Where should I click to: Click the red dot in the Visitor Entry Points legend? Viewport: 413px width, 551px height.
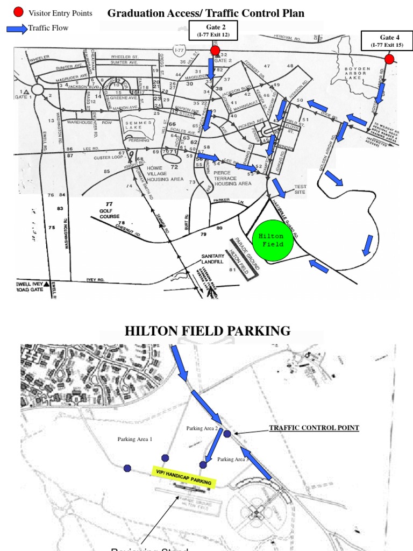[19, 12]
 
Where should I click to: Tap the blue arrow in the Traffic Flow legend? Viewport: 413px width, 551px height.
[17, 29]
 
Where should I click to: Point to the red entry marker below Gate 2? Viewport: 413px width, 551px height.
[215, 51]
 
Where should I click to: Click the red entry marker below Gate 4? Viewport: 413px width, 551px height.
[389, 59]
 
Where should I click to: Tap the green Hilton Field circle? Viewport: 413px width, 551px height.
[275, 240]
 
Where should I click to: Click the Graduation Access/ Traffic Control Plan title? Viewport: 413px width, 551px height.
[206, 13]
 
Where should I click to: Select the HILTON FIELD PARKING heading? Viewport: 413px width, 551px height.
[208, 330]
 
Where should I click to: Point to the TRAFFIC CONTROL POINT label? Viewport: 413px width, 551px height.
[314, 428]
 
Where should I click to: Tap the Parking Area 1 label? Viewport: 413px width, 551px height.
[135, 439]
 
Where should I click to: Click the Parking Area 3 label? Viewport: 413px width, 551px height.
[233, 460]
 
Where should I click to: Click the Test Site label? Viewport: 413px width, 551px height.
[300, 190]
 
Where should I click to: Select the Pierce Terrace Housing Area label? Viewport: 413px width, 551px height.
[232, 178]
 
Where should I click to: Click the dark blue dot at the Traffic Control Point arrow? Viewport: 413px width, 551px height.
[227, 434]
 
